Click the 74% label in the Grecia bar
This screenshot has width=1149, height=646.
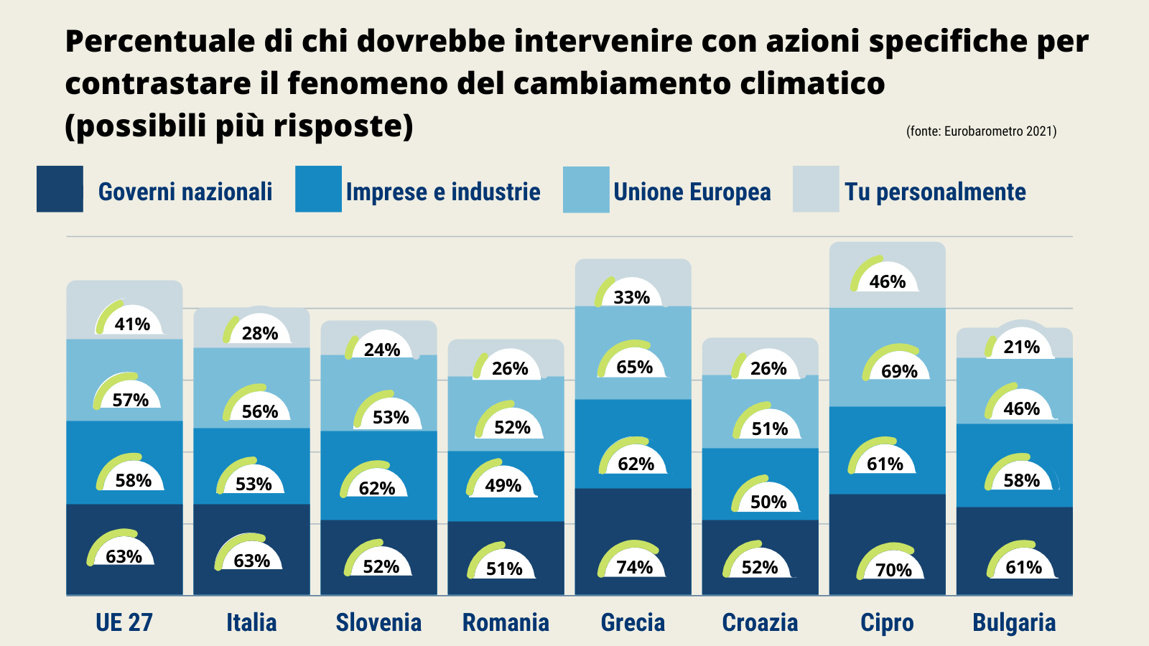635,567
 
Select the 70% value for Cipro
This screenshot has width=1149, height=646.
893,570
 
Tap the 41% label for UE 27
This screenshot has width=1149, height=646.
132,324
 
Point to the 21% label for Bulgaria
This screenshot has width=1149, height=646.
1021,347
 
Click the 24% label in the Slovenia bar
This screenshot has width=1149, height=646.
382,350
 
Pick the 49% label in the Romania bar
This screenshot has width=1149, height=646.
503,485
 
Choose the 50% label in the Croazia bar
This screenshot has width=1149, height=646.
768,502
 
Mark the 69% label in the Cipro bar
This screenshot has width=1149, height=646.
899,371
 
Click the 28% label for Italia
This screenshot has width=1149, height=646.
260,333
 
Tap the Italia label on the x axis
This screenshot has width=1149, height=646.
251,622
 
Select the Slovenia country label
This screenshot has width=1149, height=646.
378,622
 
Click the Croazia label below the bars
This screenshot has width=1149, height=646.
760,622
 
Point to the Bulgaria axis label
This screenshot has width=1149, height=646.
1014,622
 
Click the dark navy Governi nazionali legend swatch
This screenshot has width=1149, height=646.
60,189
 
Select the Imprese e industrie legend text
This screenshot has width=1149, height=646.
443,192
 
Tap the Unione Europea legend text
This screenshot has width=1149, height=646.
692,192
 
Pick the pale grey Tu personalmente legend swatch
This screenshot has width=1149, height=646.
816,189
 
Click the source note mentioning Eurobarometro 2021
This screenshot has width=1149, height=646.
981,131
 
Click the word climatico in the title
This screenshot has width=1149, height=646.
812,83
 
